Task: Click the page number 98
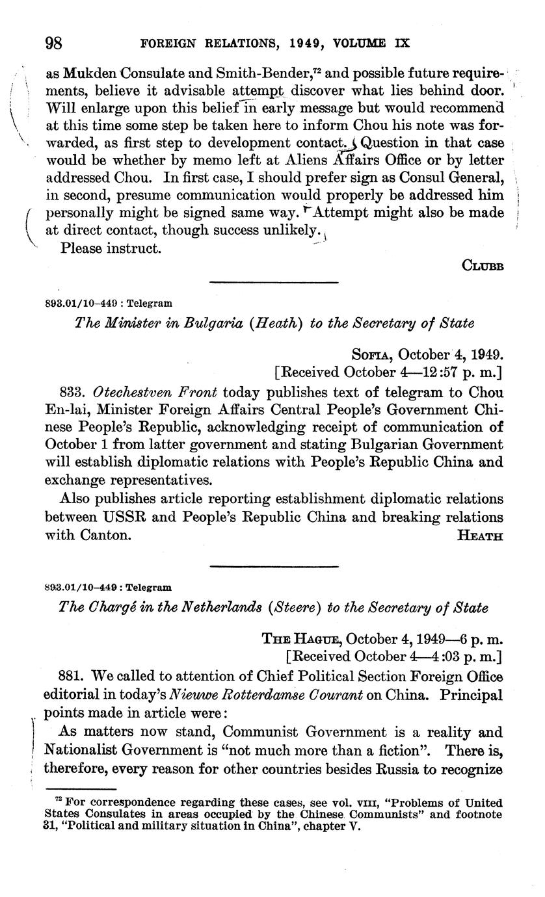pyautogui.click(x=53, y=44)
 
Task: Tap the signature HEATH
pyautogui.click(x=480, y=536)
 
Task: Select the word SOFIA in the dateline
pyautogui.click(x=372, y=355)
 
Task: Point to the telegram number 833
pyautogui.click(x=71, y=393)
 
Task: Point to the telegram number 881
pyautogui.click(x=71, y=677)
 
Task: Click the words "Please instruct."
pyautogui.click(x=110, y=248)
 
